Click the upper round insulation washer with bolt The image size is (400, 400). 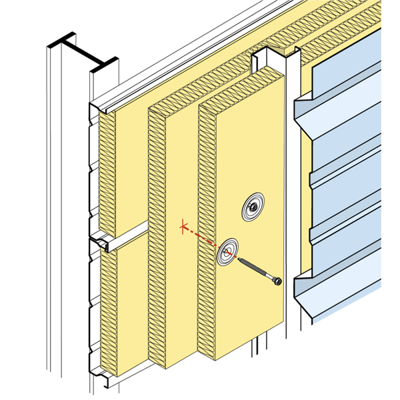[x=253, y=207]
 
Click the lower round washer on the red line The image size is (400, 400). [x=229, y=252]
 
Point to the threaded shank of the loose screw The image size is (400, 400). [x=257, y=270]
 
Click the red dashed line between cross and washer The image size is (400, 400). [x=203, y=238]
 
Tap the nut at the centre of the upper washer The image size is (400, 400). [x=253, y=207]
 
